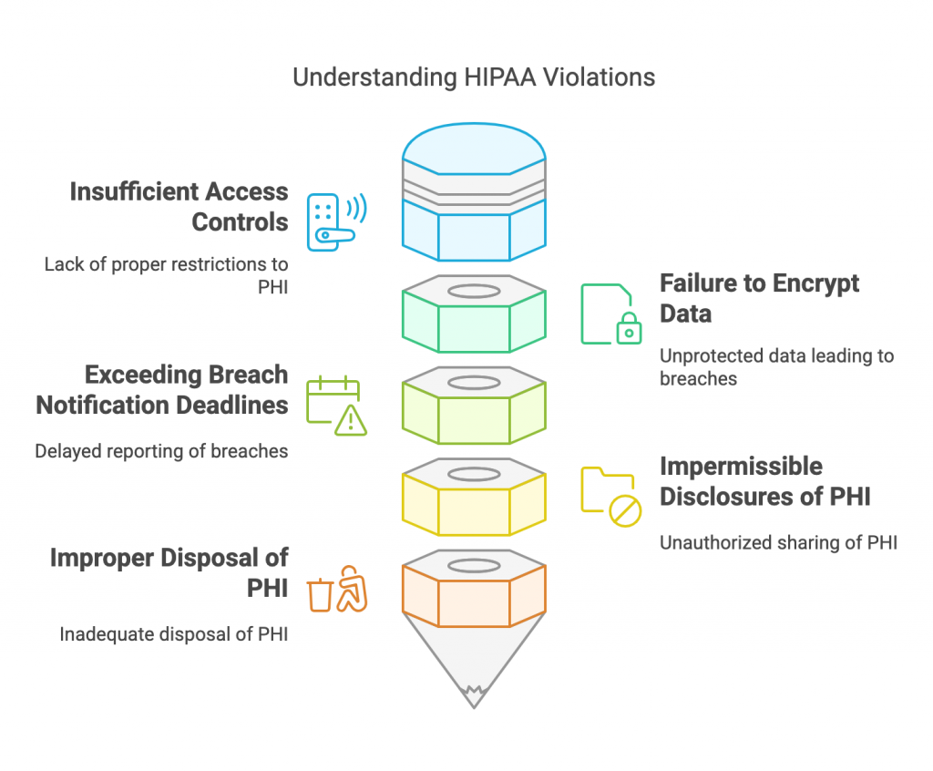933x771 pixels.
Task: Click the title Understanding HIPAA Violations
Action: click(x=473, y=77)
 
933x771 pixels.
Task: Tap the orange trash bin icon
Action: click(x=320, y=594)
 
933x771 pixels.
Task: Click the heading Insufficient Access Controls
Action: click(x=179, y=206)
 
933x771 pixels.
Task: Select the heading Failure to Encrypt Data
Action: click(x=759, y=298)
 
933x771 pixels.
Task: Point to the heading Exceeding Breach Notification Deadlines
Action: click(x=162, y=389)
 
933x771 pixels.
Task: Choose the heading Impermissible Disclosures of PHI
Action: click(x=764, y=481)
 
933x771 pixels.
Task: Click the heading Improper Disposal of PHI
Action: click(x=169, y=572)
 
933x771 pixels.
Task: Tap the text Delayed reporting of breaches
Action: click(x=161, y=450)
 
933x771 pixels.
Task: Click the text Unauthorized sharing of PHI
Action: click(x=778, y=542)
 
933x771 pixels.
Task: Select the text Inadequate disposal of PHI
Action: click(x=174, y=633)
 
